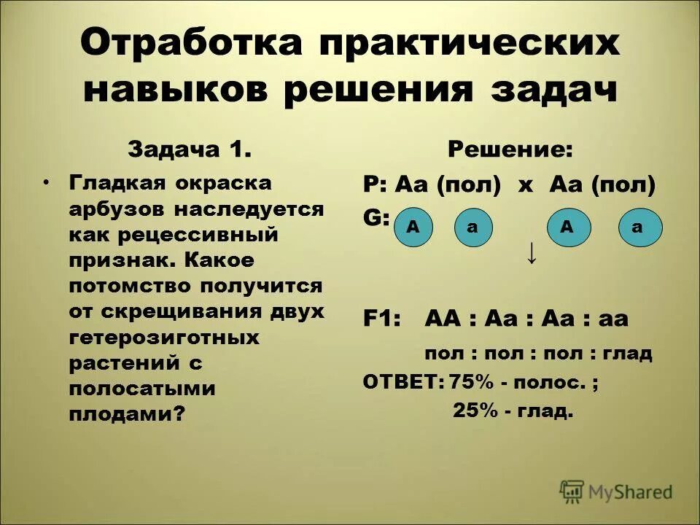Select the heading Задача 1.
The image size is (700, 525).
[190, 149]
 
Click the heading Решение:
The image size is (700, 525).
[510, 150]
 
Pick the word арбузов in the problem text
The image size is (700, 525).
[116, 209]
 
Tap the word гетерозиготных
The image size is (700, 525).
[164, 338]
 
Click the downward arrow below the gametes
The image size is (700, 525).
[532, 254]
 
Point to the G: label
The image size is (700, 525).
[376, 218]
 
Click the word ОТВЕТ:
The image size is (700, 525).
[403, 381]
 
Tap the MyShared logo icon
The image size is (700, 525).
[572, 491]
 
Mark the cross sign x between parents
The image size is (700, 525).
[526, 185]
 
